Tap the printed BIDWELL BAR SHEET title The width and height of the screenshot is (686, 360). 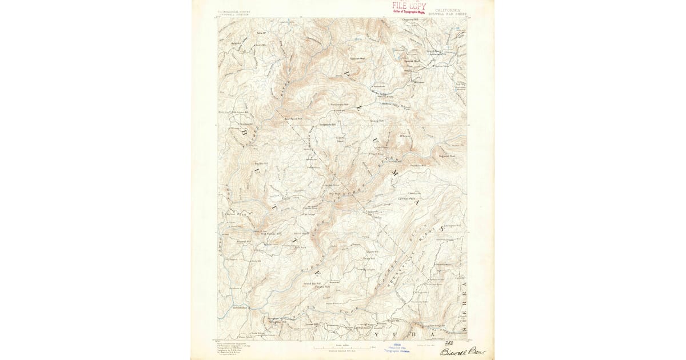(451, 14)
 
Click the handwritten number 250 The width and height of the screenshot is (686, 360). (457, 342)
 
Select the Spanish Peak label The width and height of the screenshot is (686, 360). (358, 58)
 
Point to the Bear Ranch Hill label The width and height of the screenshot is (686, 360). (292, 119)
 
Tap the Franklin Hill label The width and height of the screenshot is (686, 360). (420, 165)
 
